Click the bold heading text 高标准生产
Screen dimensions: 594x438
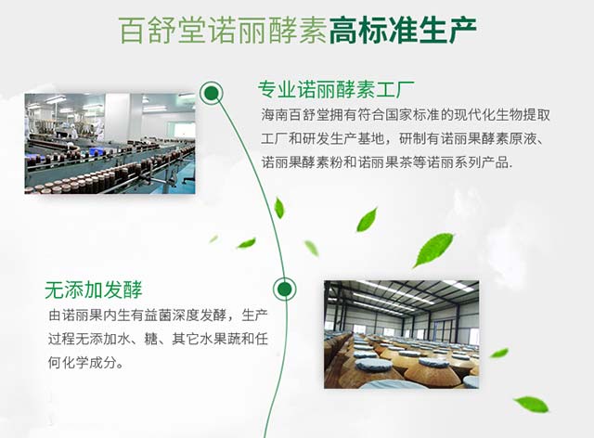click(403, 30)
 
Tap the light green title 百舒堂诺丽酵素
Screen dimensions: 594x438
click(223, 30)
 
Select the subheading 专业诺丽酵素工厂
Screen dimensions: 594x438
click(336, 89)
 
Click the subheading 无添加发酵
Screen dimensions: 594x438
click(93, 290)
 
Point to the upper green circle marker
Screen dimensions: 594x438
click(212, 93)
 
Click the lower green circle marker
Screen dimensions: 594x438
click(285, 290)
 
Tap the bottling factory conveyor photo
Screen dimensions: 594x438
click(110, 144)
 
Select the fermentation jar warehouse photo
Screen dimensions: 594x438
click(402, 334)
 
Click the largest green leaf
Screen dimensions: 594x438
click(433, 250)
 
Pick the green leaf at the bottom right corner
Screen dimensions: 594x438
click(532, 404)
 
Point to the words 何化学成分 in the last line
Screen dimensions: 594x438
click(83, 363)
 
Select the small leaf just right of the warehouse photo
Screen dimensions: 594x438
click(499, 354)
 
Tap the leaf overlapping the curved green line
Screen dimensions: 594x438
click(279, 208)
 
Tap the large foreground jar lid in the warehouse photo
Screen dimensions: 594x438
click(376, 364)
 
